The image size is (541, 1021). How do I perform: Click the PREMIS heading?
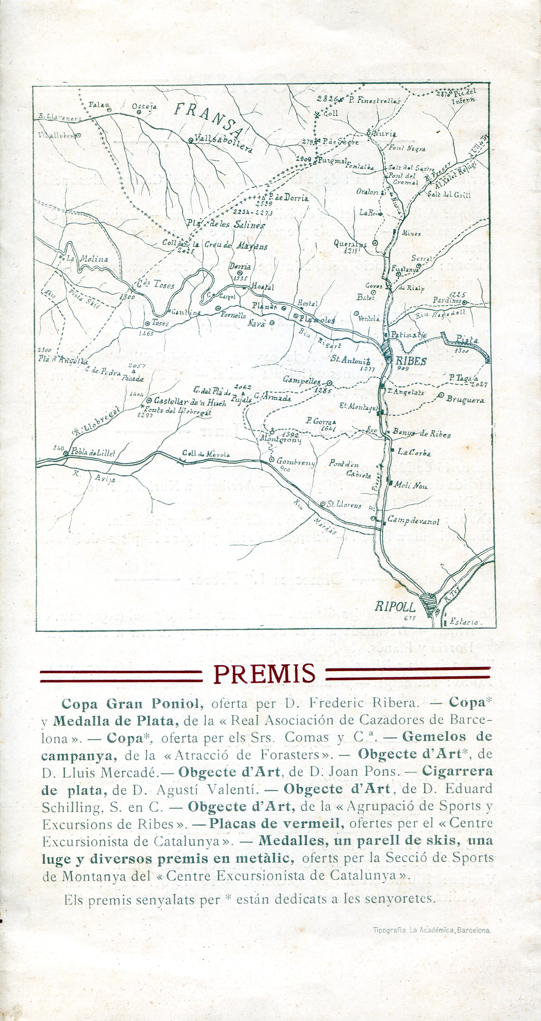(265, 674)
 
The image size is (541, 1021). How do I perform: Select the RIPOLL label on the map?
(395, 607)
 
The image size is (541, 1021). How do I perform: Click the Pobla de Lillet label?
(93, 453)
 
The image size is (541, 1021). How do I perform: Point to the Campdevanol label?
(413, 521)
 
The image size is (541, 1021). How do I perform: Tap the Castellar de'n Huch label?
(190, 402)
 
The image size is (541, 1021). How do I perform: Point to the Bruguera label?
(465, 400)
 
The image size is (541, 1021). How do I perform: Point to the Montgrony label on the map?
(281, 440)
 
